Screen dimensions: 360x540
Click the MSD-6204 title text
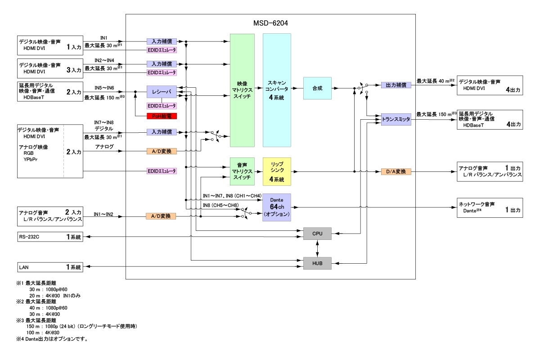[271, 22]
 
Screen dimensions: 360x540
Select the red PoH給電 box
[162, 116]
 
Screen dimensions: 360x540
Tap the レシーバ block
[162, 92]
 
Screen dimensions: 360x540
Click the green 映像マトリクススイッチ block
[242, 90]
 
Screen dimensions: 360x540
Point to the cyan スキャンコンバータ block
[277, 90]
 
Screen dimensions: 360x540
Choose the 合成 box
[317, 88]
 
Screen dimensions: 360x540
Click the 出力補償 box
[396, 85]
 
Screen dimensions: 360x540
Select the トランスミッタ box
[396, 119]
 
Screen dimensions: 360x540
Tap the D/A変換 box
[396, 171]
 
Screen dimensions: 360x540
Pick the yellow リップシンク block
[277, 171]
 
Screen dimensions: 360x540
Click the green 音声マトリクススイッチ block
[242, 171]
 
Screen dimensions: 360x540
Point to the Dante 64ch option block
[277, 207]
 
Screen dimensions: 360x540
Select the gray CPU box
[317, 234]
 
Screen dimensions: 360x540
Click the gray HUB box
[317, 263]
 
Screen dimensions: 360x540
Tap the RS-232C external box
[50, 237]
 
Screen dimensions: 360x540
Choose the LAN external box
[50, 267]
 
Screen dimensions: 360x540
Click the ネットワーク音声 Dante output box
[490, 207]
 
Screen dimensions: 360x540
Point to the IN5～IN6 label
[104, 88]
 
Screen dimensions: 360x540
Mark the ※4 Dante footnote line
[51, 339]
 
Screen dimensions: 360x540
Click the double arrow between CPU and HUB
[318, 248]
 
